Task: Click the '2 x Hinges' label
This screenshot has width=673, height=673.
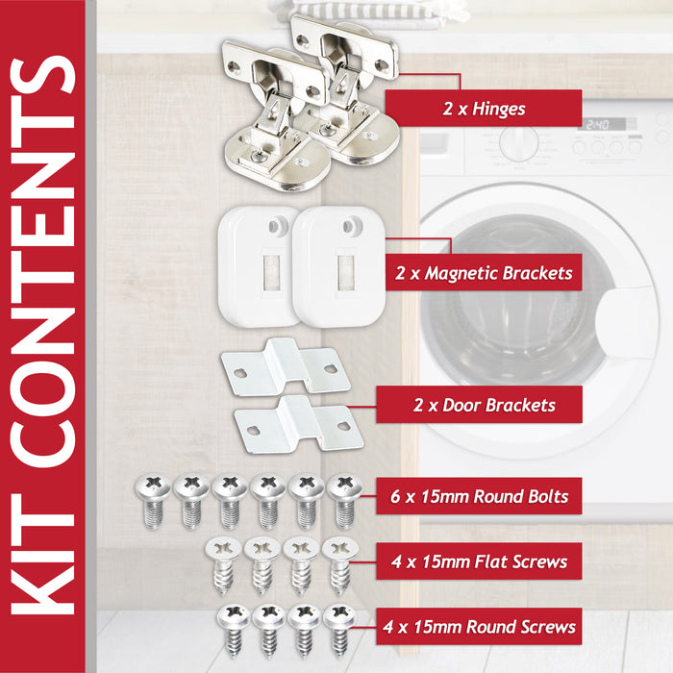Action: pyautogui.click(x=484, y=109)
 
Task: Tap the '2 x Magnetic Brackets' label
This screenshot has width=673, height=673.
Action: pyautogui.click(x=484, y=273)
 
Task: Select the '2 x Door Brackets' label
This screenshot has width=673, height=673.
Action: pyautogui.click(x=484, y=405)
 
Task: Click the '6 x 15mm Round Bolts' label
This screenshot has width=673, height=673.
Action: pyautogui.click(x=479, y=497)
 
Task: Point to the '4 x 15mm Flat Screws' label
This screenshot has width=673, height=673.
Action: pyautogui.click(x=479, y=561)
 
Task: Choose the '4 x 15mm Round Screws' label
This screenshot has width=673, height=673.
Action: pyautogui.click(x=479, y=627)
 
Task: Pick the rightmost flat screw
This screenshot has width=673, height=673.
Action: pyautogui.click(x=336, y=562)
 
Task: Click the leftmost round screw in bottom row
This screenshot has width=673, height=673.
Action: pyautogui.click(x=233, y=628)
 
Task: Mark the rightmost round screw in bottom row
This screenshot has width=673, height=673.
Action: pyautogui.click(x=337, y=628)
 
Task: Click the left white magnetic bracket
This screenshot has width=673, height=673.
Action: pyautogui.click(x=257, y=266)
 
